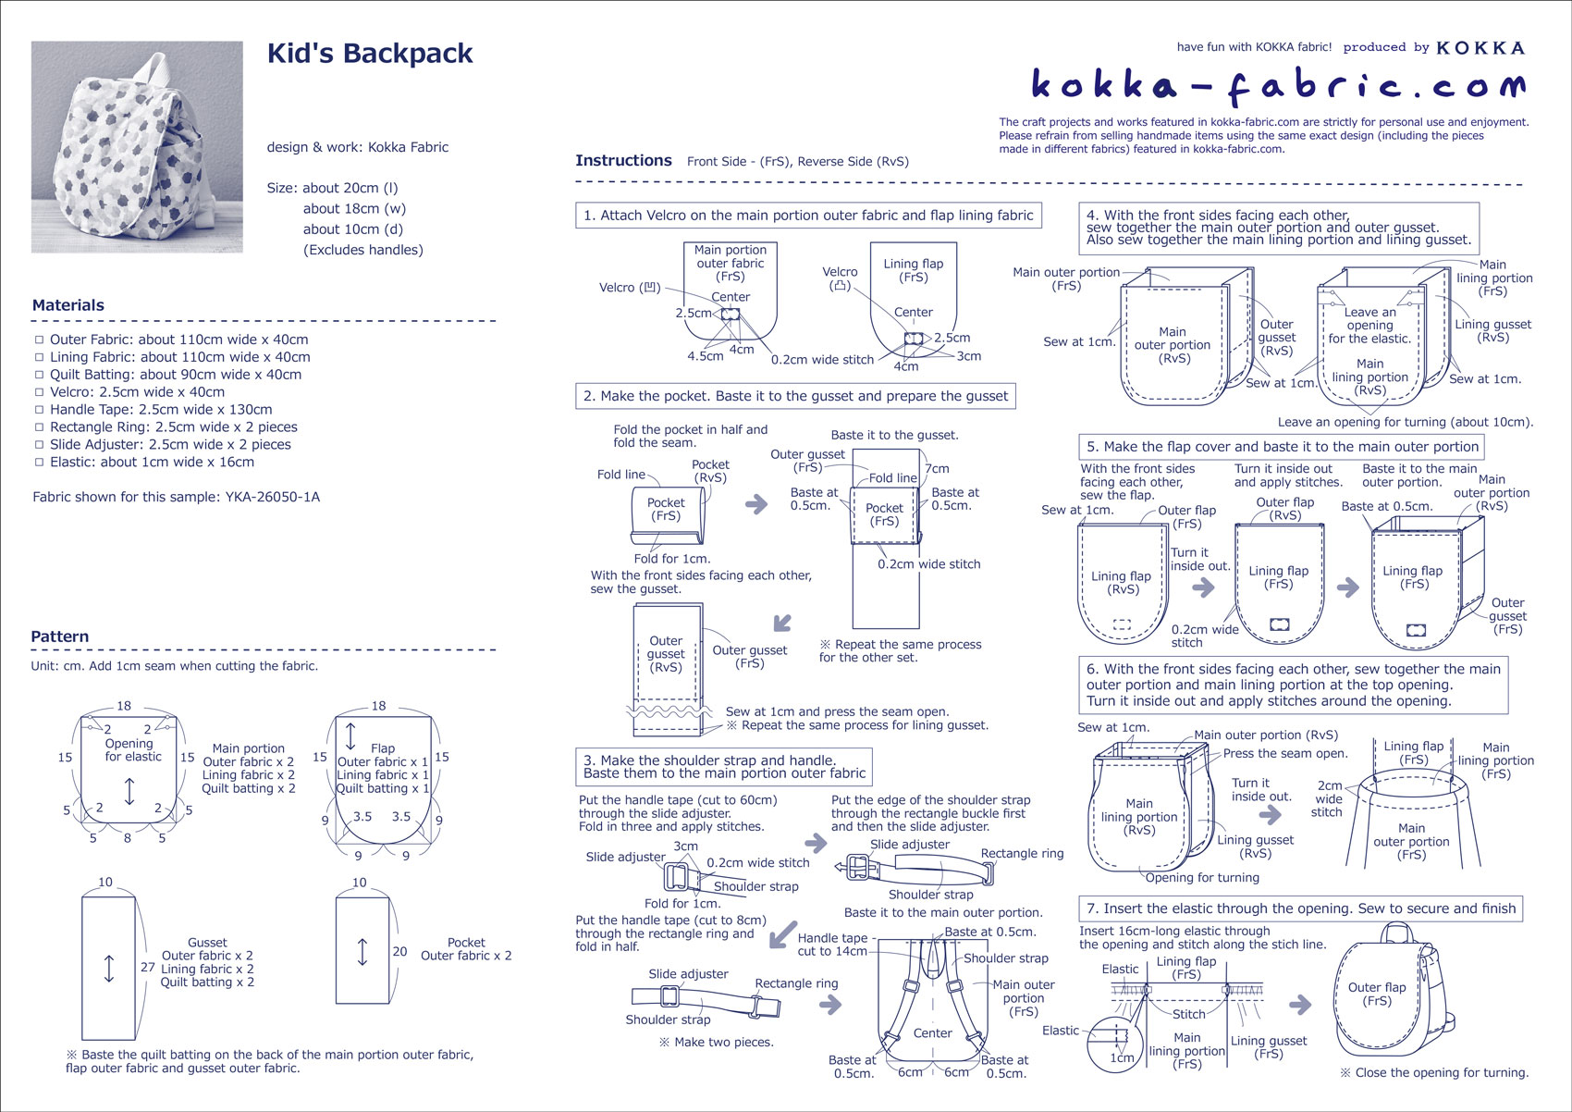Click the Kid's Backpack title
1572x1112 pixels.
point(369,54)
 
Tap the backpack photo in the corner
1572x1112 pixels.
point(137,146)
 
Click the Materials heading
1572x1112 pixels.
point(68,305)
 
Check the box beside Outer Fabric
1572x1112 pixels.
point(40,340)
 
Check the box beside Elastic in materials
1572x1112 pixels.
point(40,462)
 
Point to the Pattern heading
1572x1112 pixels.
point(60,636)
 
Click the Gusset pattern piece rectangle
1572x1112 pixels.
point(109,967)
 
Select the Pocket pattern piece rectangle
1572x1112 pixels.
point(362,950)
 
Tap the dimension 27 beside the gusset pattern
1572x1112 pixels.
point(148,967)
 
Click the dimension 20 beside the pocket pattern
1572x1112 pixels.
point(399,951)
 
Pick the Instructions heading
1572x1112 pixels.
point(623,160)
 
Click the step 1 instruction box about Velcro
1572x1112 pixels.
point(808,216)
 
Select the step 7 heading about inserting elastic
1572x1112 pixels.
point(1300,908)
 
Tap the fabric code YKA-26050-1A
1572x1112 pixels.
point(273,497)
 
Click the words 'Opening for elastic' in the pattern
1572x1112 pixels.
point(132,749)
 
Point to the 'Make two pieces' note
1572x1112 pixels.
point(716,1042)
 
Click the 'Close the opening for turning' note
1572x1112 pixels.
point(1434,1073)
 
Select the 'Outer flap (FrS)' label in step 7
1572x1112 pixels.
point(1377,994)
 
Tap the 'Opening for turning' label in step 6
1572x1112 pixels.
point(1202,877)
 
